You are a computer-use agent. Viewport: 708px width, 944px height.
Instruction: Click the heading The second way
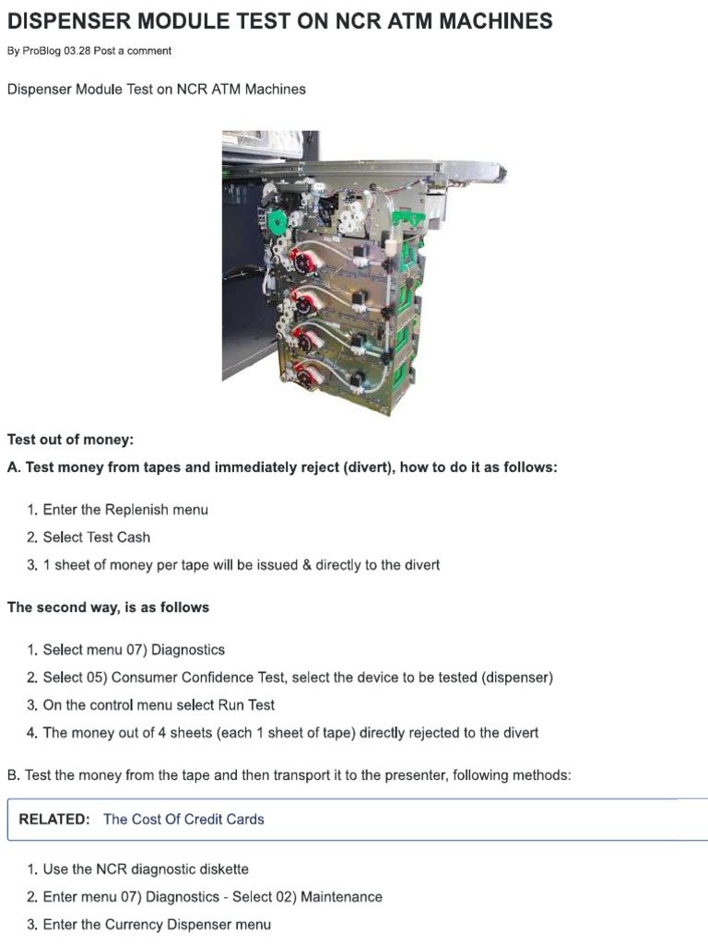(108, 608)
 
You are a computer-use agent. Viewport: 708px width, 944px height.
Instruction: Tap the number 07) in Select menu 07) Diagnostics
(131, 650)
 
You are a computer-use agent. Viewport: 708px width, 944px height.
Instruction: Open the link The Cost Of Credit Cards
(183, 819)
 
